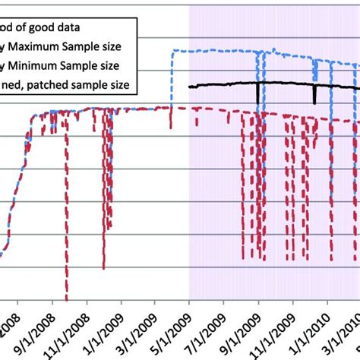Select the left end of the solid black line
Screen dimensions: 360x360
[x=190, y=87]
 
